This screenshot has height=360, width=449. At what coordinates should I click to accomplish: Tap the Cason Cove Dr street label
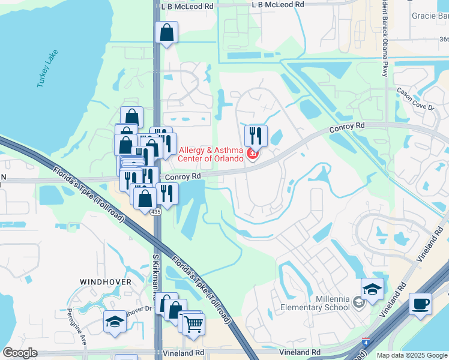click(415, 99)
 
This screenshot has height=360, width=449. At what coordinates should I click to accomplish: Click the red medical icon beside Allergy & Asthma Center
click(253, 155)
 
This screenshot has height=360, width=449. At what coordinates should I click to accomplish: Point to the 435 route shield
click(156, 212)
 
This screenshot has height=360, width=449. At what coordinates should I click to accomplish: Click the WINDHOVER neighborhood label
click(102, 281)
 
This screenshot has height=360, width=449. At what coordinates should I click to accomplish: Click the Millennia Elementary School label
click(315, 303)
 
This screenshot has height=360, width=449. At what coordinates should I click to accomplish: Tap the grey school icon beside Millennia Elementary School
click(359, 303)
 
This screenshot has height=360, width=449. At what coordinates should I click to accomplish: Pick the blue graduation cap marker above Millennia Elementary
click(372, 289)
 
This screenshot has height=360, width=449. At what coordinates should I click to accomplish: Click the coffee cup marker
click(421, 303)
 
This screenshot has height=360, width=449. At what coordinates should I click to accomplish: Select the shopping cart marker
click(193, 324)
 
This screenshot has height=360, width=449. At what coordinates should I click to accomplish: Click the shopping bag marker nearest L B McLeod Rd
click(166, 32)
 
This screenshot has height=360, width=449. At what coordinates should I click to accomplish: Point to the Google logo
click(20, 353)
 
